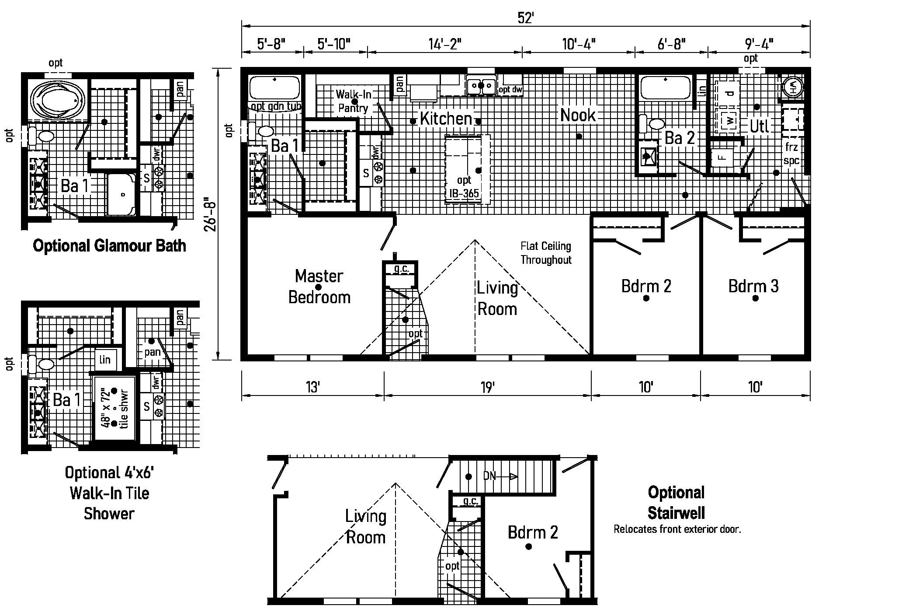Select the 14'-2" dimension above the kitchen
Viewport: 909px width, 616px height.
point(445,44)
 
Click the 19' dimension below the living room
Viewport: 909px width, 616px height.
point(487,387)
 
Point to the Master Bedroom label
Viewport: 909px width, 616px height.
point(319,287)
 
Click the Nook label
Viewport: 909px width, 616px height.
point(578,115)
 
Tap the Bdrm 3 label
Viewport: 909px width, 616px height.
point(753,286)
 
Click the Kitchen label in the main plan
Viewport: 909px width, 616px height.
point(446,118)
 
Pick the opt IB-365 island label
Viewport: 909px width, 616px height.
point(464,187)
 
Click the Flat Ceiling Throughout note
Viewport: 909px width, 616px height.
point(546,253)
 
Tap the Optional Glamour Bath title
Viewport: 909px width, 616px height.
point(109,245)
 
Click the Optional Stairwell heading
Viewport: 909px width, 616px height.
point(676,502)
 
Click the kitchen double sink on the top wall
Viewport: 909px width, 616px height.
point(480,85)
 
